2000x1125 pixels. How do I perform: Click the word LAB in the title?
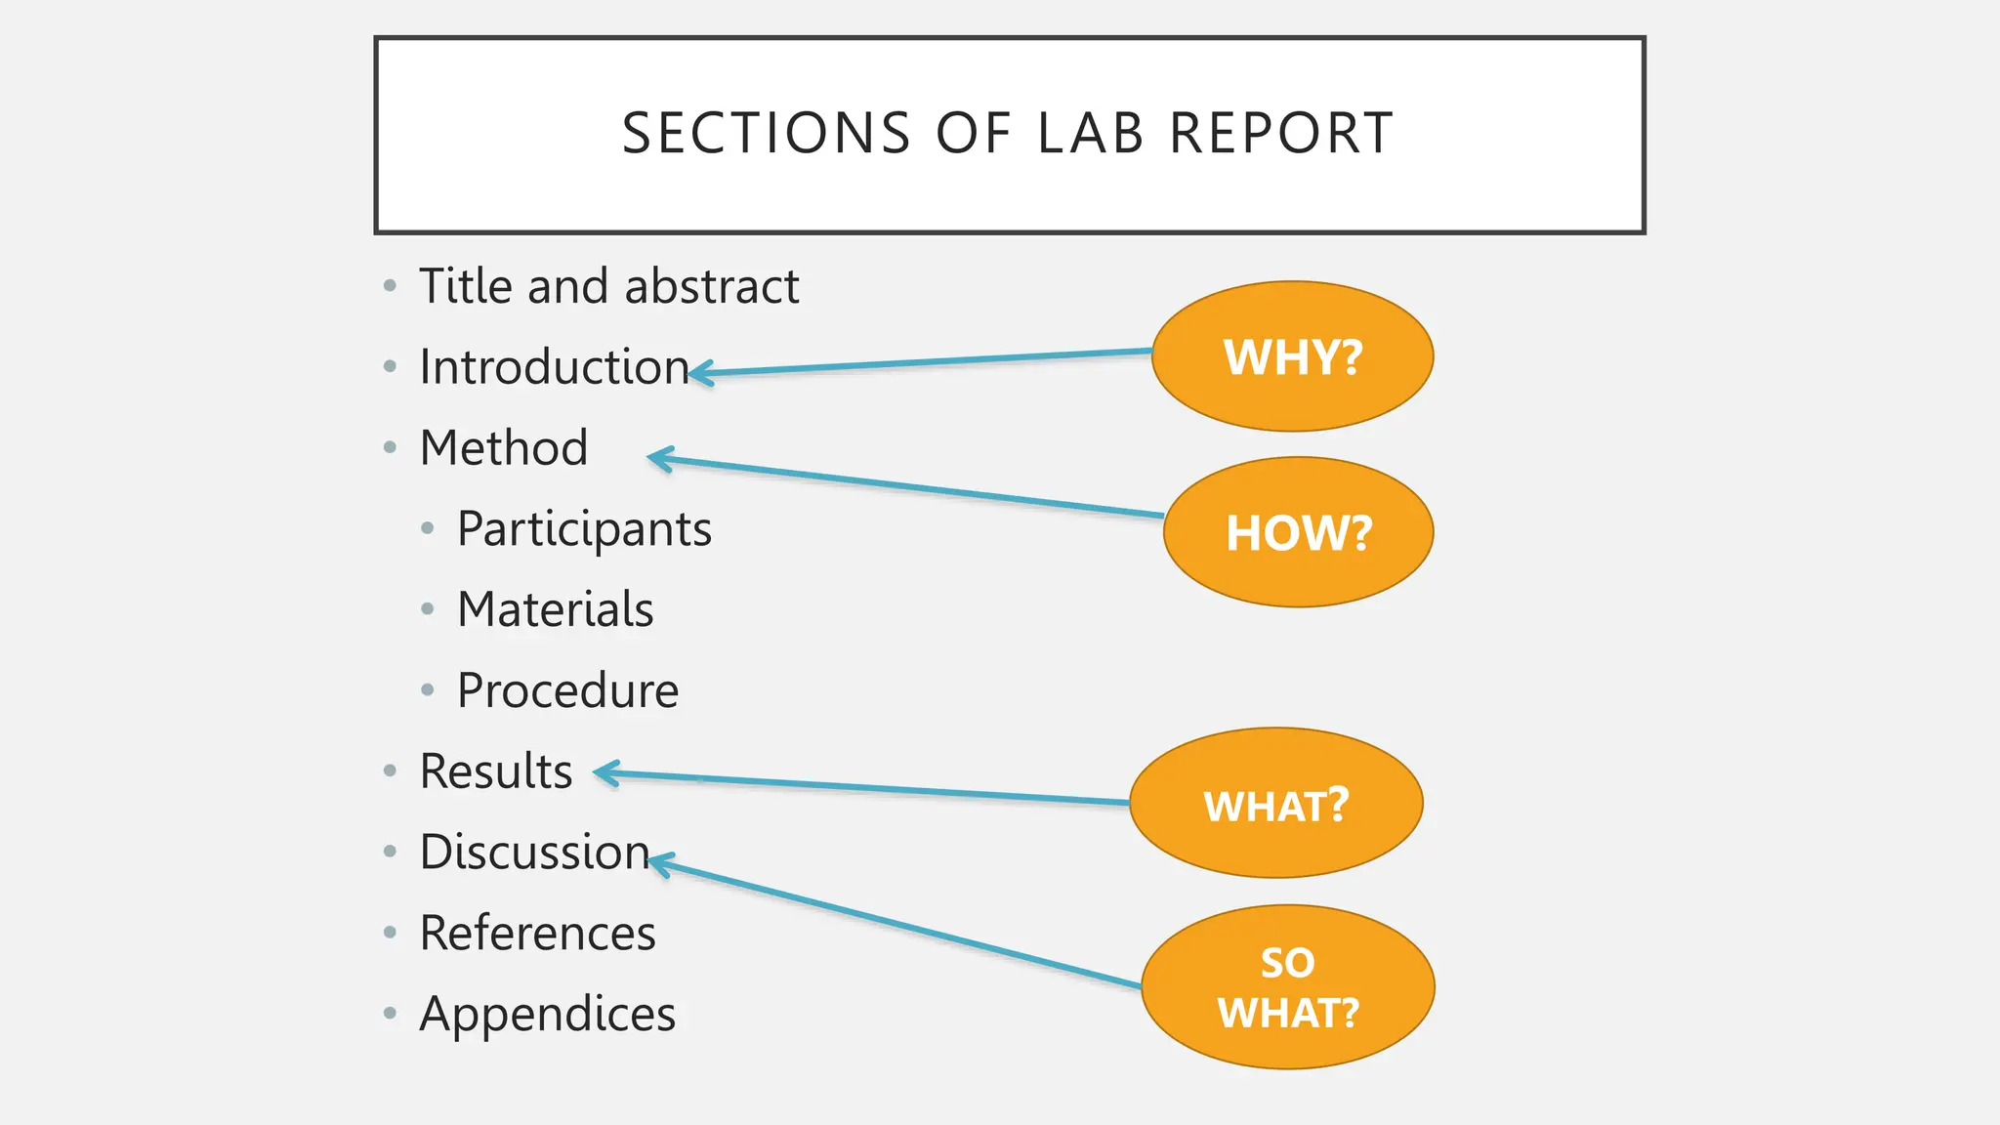point(1090,134)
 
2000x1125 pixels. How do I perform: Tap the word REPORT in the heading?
point(1281,134)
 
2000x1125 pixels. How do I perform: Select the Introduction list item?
point(554,367)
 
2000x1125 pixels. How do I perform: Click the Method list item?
point(504,448)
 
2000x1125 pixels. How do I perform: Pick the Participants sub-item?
point(584,529)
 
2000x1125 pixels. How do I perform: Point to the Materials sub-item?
point(555,609)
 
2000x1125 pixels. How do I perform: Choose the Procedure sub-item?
point(567,690)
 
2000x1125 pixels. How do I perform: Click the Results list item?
point(496,771)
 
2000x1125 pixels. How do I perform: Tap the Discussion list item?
point(534,852)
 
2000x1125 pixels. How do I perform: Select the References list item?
point(537,933)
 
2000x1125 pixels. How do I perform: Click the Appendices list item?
point(547,1014)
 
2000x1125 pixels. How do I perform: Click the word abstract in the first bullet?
point(712,287)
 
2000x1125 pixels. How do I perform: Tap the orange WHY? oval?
point(1292,356)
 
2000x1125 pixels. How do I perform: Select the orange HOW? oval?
point(1298,532)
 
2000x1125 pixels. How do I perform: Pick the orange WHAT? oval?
point(1275,804)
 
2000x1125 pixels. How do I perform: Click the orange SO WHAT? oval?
point(1287,987)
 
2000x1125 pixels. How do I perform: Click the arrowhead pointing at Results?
point(604,774)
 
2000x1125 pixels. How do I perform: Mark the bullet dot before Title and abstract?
point(391,286)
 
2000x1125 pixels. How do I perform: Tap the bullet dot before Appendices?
point(391,1014)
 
